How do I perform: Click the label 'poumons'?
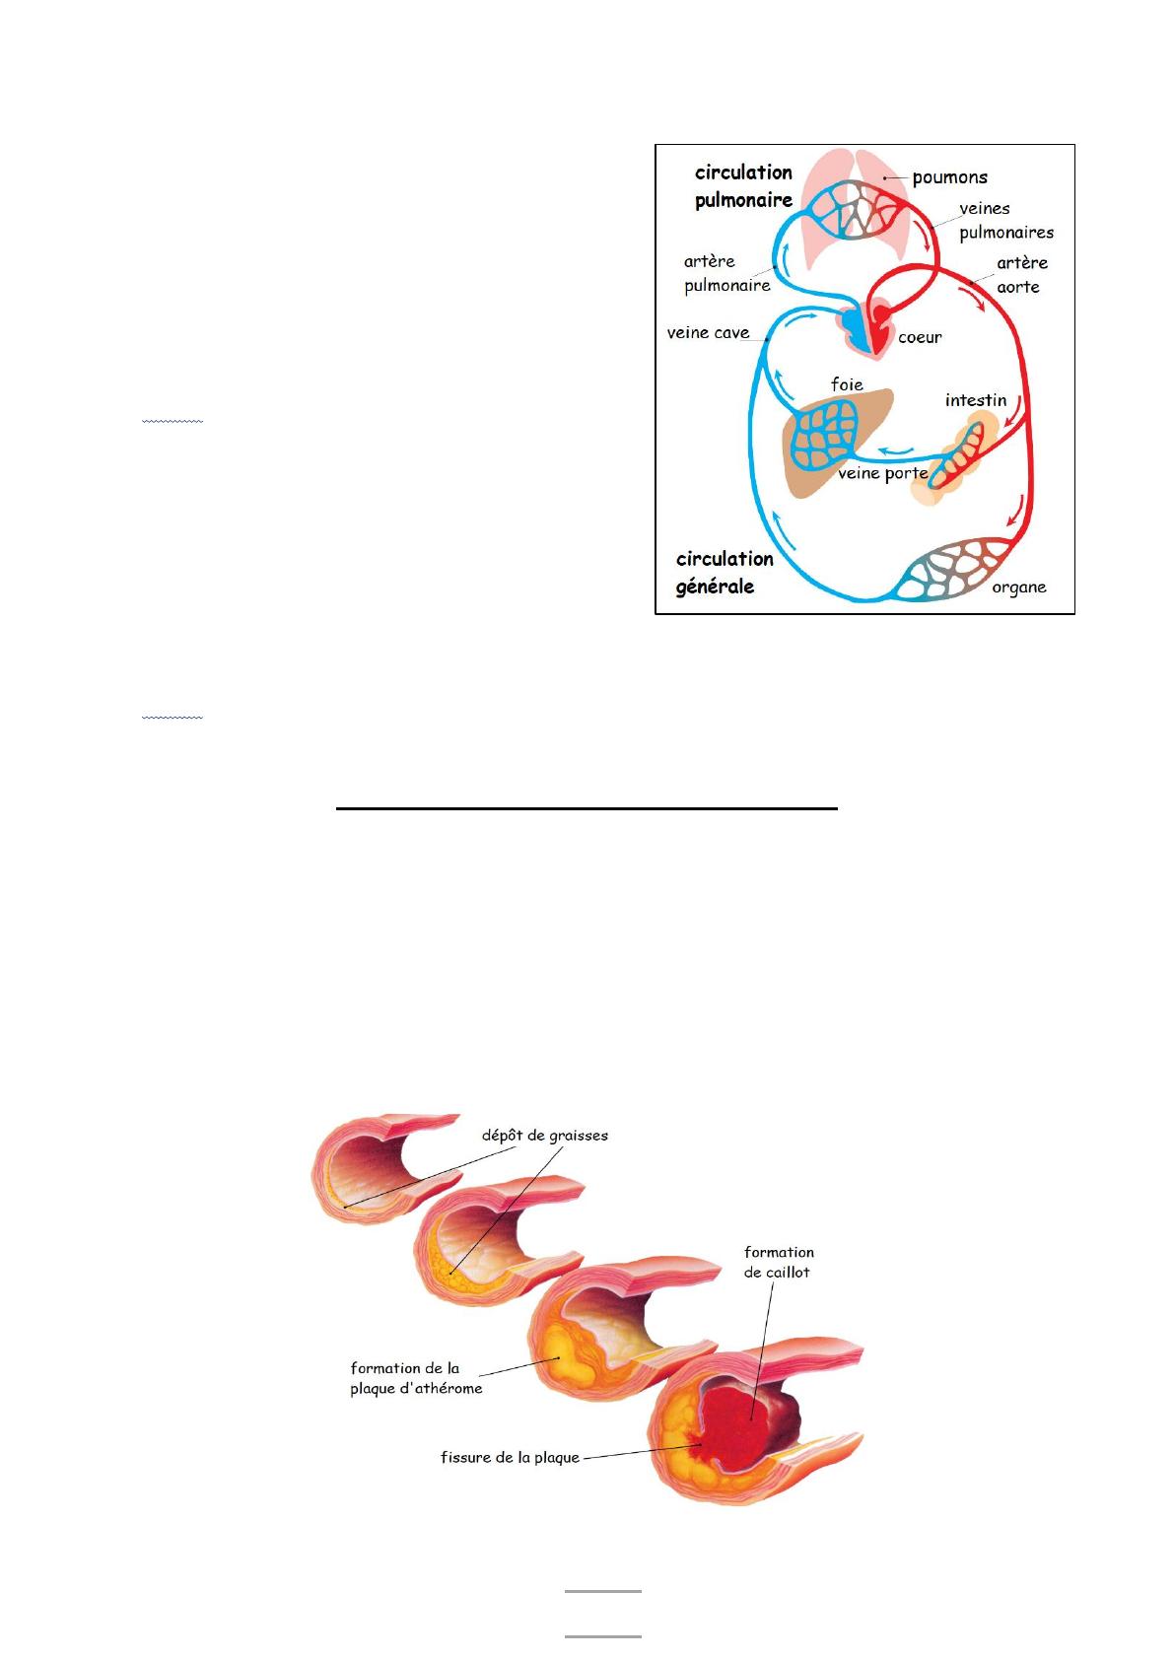tap(949, 178)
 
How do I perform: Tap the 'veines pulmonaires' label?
tap(1005, 221)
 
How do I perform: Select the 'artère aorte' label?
tap(1021, 275)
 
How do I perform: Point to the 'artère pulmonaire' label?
tap(726, 274)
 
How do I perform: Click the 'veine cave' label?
tap(708, 333)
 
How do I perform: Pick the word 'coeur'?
tap(920, 337)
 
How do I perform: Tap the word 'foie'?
tap(847, 384)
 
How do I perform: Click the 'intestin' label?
tap(975, 400)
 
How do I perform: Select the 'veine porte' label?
tap(882, 474)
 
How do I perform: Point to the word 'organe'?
tap(1018, 588)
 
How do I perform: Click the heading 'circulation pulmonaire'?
tap(743, 186)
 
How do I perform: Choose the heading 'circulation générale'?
tap(725, 573)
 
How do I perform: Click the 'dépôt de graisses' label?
tap(544, 1135)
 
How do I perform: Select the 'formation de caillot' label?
tap(779, 1262)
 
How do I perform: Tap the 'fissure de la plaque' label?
tap(510, 1457)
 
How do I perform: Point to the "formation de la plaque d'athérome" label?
tap(416, 1378)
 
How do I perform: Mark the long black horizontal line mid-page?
tap(587, 809)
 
